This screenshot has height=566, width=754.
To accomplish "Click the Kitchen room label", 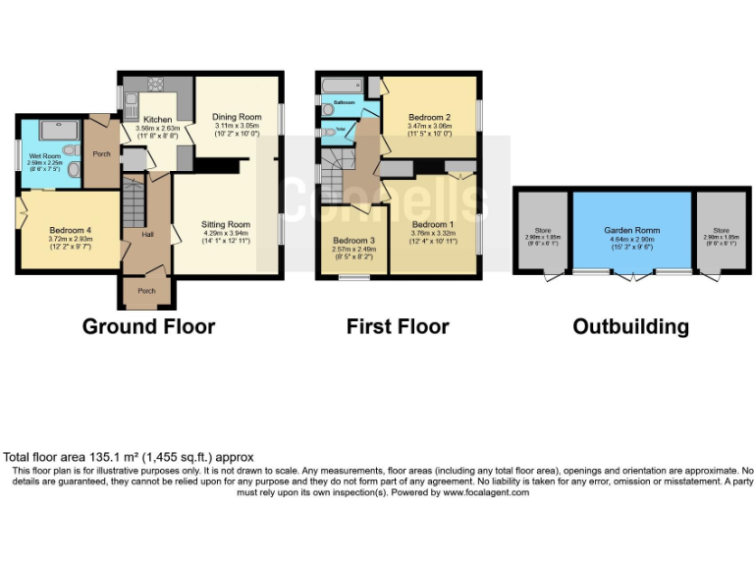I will click(x=157, y=119).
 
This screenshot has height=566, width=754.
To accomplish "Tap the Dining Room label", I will click(x=237, y=117).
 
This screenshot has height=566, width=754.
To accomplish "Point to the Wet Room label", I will click(x=45, y=155).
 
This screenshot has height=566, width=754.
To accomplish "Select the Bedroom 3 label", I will click(x=352, y=241).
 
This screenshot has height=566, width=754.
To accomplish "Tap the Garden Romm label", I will click(x=631, y=229).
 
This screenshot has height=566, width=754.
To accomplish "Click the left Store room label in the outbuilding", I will click(x=542, y=231).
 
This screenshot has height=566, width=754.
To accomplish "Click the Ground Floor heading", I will click(x=148, y=326).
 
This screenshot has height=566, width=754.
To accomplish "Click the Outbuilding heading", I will click(x=630, y=326).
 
